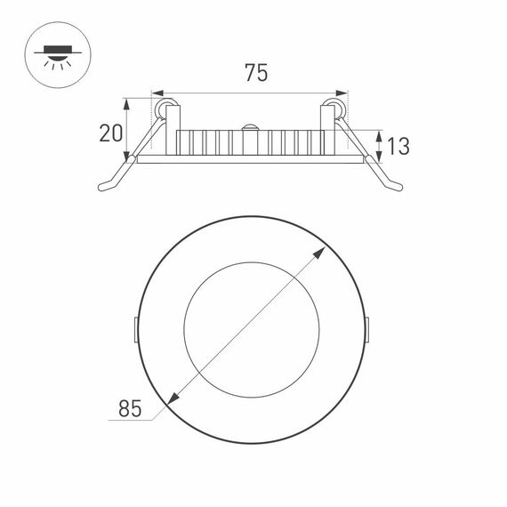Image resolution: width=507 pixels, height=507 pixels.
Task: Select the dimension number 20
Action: coord(111,133)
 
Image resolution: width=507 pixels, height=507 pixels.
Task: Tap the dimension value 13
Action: coord(398,146)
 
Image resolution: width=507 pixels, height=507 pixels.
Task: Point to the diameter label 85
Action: coord(131,408)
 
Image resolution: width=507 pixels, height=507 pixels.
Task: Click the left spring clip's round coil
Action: coord(164,109)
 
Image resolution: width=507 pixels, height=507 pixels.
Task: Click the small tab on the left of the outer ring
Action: coord(133,328)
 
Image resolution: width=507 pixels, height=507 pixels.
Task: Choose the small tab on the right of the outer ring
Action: coord(366,328)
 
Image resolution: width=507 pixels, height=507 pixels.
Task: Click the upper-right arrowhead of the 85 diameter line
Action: coord(319,253)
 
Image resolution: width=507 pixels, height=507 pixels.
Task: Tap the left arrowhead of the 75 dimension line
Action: coord(157,93)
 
